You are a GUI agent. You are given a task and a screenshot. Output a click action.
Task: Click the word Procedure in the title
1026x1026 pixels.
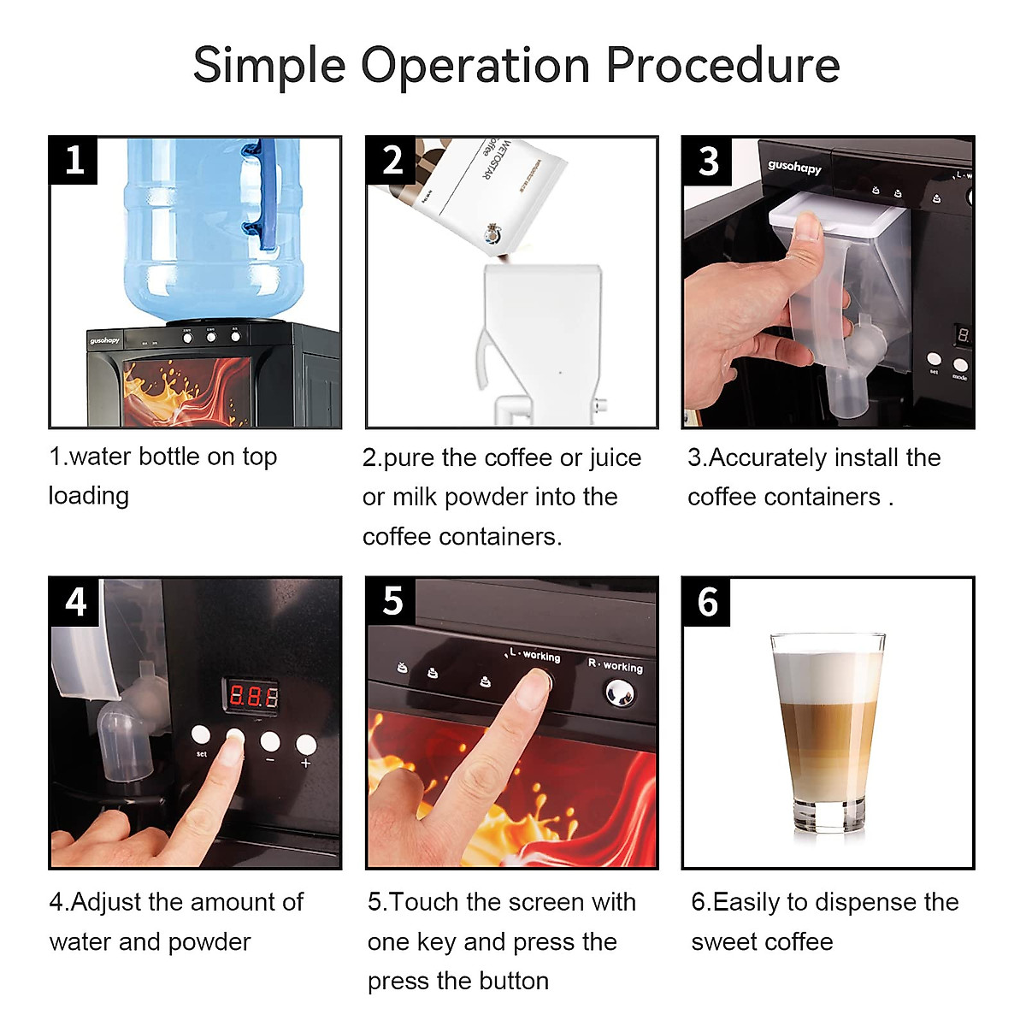click(x=722, y=66)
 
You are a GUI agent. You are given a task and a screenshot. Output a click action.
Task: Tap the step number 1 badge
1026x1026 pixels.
click(x=74, y=161)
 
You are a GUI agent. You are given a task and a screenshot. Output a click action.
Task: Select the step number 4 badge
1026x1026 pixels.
click(x=75, y=602)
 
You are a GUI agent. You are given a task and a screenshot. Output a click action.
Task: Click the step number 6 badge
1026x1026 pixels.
click(x=707, y=602)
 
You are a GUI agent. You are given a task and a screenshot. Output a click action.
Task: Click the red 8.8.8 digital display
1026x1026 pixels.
click(x=253, y=696)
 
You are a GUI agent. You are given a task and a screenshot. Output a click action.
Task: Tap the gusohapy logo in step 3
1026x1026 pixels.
click(x=793, y=167)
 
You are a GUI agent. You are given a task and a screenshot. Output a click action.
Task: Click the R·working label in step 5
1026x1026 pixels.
click(x=615, y=665)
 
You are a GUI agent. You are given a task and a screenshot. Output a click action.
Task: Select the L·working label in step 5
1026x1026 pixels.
click(x=535, y=655)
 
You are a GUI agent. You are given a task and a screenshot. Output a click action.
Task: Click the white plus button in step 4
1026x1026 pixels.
click(x=305, y=744)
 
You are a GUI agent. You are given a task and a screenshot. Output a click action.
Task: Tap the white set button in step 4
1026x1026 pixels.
click(x=201, y=734)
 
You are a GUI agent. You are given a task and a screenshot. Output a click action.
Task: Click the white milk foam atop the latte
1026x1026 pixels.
click(x=827, y=675)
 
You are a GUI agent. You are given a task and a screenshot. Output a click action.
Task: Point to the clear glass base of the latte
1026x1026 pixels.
click(x=827, y=817)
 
